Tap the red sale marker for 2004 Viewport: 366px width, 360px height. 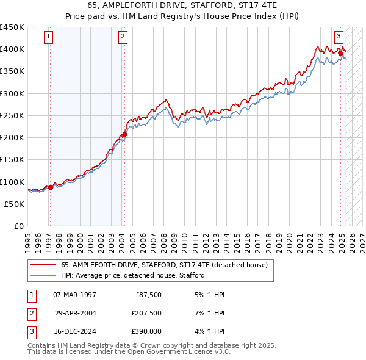click(x=124, y=134)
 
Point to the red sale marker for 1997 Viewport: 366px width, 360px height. click(x=50, y=187)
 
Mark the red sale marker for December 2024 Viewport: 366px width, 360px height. click(x=340, y=54)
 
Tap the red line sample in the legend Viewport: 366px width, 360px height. click(x=43, y=265)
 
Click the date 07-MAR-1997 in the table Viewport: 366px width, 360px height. click(x=74, y=295)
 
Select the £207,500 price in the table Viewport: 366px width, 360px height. click(x=146, y=314)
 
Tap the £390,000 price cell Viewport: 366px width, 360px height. click(x=146, y=332)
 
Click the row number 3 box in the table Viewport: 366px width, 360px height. click(x=30, y=332)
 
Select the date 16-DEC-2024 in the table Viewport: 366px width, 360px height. click(x=74, y=332)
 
